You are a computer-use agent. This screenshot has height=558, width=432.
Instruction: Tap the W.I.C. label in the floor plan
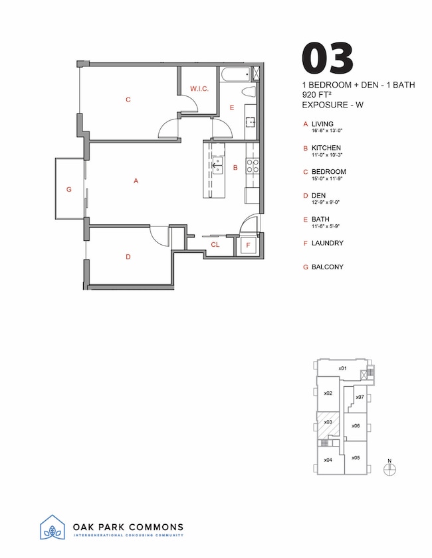[200, 88]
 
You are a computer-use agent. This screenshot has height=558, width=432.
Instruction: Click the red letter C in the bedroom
[128, 100]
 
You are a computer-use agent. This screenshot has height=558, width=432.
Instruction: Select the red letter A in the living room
[136, 180]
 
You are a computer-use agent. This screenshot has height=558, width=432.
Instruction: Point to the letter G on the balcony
[68, 189]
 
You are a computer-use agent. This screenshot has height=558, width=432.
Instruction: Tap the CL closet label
[215, 245]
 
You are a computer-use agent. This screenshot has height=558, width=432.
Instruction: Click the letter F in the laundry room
[248, 245]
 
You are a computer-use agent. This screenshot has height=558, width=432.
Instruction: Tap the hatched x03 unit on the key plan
[328, 423]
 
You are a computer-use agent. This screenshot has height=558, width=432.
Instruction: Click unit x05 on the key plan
[356, 458]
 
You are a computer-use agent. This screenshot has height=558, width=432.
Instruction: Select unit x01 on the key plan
[342, 368]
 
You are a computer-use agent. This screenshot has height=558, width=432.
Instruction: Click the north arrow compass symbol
[390, 468]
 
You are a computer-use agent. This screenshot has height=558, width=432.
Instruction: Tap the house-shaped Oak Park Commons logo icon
[53, 529]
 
